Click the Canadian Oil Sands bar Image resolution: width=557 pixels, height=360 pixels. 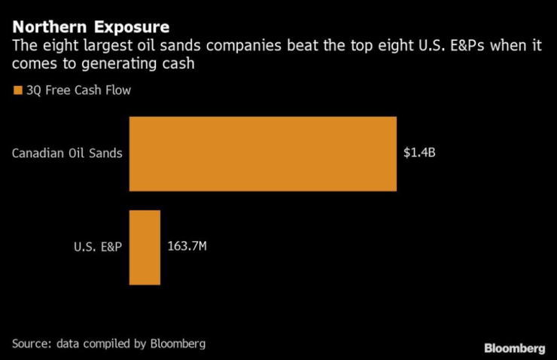(x=263, y=154)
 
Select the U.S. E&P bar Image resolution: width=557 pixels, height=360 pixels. (x=145, y=247)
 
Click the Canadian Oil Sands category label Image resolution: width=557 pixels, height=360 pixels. (x=67, y=154)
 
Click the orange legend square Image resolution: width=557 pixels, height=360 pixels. (x=17, y=92)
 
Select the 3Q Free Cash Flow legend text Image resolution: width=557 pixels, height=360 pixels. (x=72, y=92)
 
